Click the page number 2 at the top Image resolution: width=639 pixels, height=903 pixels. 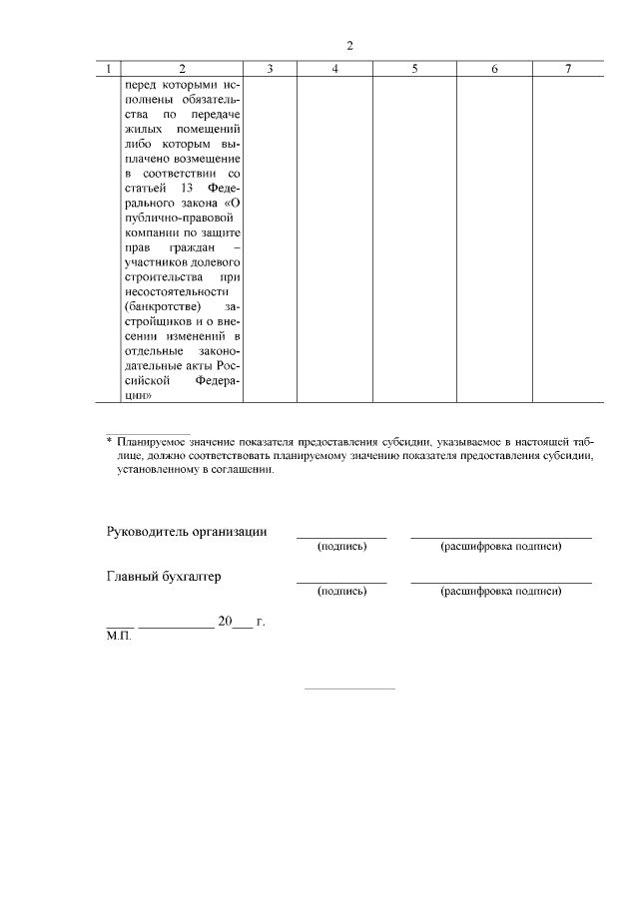tap(349, 46)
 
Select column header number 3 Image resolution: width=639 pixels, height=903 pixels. tap(271, 69)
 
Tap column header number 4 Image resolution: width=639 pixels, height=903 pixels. tap(334, 69)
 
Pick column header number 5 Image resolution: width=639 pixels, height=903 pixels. tap(413, 69)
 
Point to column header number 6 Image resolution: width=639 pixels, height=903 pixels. tap(494, 69)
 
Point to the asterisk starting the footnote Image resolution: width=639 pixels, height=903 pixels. tap(109, 440)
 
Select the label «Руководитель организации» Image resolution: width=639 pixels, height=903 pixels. tap(186, 532)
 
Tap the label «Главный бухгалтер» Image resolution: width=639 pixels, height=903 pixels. tap(164, 577)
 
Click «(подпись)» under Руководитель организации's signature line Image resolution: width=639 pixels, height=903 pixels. tap(341, 547)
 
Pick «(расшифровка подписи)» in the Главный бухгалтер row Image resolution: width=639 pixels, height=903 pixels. tap(500, 592)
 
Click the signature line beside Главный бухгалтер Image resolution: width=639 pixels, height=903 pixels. tap(341, 581)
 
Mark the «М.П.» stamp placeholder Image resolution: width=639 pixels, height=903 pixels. tap(118, 635)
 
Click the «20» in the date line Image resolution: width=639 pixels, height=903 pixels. tap(225, 622)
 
